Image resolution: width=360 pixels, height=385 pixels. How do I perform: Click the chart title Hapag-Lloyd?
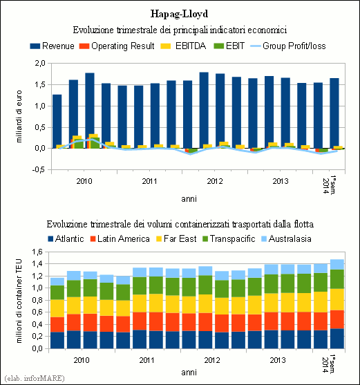click(179, 14)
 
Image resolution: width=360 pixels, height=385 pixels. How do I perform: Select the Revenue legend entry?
click(52, 46)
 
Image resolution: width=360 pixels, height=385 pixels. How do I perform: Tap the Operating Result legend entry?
click(117, 46)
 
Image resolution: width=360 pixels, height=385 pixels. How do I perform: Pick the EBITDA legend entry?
click(183, 46)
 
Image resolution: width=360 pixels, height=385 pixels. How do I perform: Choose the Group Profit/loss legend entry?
click(288, 46)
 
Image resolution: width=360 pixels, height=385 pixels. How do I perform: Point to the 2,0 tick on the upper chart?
click(40, 64)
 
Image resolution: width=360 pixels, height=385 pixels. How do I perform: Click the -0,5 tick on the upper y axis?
click(39, 169)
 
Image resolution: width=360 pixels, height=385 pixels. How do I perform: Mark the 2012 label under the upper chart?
click(215, 181)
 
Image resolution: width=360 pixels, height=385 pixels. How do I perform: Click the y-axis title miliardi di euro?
click(19, 116)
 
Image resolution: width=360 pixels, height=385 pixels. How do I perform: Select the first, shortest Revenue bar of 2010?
click(57, 121)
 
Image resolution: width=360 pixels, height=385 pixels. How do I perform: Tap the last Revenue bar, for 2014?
click(334, 113)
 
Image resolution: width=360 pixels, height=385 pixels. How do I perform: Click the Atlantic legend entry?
click(66, 238)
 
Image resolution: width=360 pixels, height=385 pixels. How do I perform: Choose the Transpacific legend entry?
click(229, 238)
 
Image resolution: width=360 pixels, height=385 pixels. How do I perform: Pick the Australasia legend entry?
click(286, 238)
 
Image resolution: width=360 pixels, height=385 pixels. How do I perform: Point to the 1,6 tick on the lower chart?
click(37, 252)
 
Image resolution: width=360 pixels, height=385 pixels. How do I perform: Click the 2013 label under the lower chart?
click(278, 360)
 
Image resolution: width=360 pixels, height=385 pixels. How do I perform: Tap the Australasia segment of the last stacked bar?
click(337, 265)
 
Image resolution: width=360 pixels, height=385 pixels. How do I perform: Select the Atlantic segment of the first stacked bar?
click(57, 340)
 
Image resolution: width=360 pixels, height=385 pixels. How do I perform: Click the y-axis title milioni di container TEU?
click(19, 301)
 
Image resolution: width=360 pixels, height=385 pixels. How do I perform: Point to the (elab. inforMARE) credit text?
click(35, 378)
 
